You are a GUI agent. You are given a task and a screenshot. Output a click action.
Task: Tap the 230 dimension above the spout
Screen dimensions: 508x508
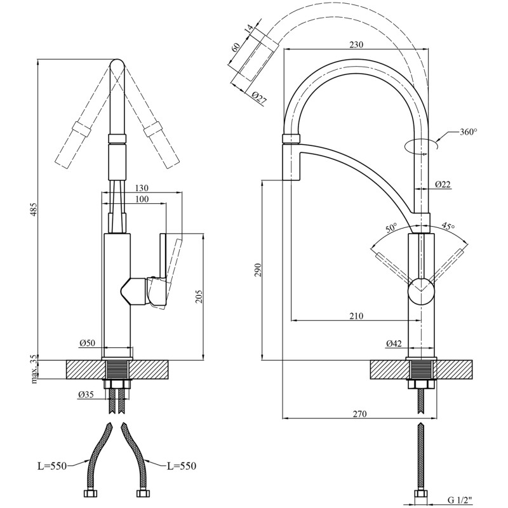356,44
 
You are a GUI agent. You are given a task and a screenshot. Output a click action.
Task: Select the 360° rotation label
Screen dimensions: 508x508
467,133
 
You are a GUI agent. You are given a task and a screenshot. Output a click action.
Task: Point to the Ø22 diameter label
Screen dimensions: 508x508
443,184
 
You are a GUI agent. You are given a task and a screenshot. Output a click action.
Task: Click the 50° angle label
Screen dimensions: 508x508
390,227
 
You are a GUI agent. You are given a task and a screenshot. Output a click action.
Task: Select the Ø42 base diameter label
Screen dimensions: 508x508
394,344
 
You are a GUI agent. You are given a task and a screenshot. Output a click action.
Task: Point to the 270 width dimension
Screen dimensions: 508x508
359,415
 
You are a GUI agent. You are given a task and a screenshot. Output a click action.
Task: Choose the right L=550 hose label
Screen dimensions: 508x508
182,466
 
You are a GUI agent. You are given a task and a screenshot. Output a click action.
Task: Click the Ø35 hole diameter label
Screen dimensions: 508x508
87,394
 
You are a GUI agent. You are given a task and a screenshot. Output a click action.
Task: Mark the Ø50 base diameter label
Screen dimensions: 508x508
87,343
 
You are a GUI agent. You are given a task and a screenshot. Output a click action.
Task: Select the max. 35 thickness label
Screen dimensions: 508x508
34,370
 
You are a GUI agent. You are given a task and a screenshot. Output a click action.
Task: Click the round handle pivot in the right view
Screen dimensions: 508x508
422,291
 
